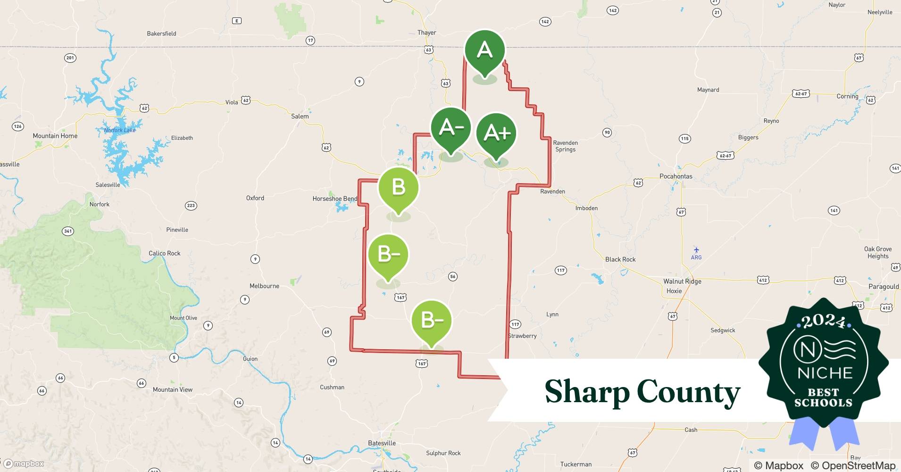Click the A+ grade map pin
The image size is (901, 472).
pos(496,134)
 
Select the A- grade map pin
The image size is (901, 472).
pos(451,128)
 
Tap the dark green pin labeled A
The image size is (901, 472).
pos(484,51)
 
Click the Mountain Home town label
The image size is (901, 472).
pos(55,136)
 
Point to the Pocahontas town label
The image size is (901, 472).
pos(676,177)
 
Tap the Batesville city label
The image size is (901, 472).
pos(382,443)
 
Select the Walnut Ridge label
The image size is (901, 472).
pos(682,281)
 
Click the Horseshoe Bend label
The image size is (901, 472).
pos(334,199)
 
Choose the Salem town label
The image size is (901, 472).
pos(300,116)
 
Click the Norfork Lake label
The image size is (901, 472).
pos(119,130)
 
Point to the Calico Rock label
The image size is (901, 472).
pos(164,253)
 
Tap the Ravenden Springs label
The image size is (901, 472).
pos(565,146)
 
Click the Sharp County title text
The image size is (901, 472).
pos(642,392)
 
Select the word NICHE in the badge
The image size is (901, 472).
pos(825,373)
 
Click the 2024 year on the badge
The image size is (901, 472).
pos(824,322)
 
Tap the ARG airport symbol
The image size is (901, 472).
pos(696,251)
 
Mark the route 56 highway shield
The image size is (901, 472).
pos(453,277)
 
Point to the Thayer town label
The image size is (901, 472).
pos(426,33)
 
